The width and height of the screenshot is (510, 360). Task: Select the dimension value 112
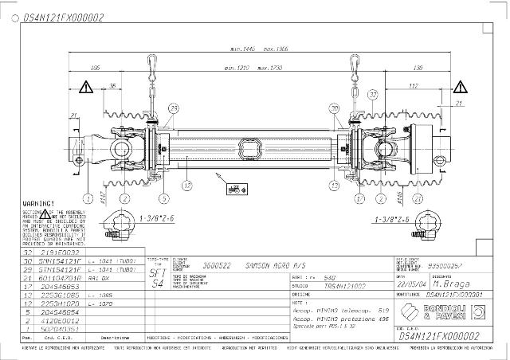point(414,86)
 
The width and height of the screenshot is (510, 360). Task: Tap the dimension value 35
point(113,86)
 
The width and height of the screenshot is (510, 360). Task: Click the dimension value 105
point(96,68)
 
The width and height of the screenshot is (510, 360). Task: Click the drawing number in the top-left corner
point(52,16)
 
